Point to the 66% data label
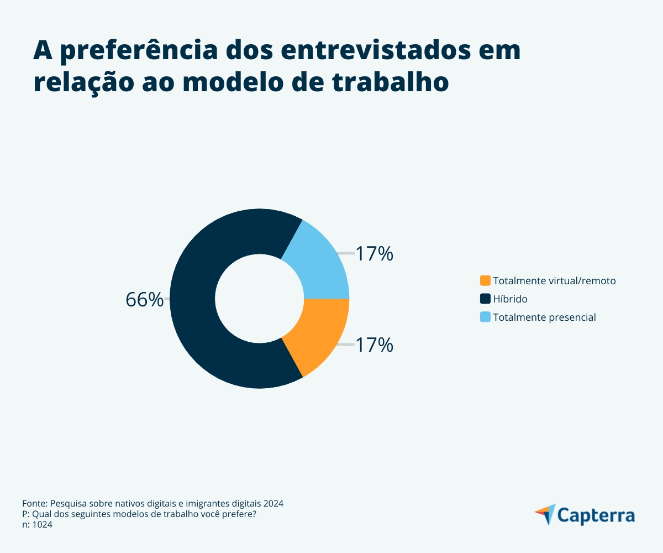(x=145, y=299)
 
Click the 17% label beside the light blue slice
(x=374, y=254)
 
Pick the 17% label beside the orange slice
(x=374, y=345)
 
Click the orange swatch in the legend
(x=485, y=280)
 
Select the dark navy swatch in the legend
(x=485, y=299)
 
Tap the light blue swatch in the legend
(x=485, y=317)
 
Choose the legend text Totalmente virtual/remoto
(x=554, y=280)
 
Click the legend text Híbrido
(x=510, y=299)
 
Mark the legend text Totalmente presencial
(x=544, y=317)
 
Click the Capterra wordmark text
(x=596, y=515)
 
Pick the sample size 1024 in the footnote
(x=42, y=525)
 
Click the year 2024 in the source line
(x=273, y=504)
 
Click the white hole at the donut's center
(x=260, y=299)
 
